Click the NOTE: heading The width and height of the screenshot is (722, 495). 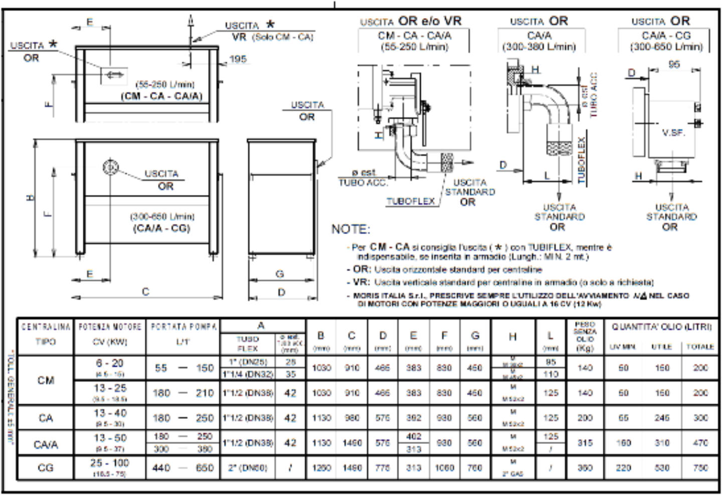click(x=350, y=229)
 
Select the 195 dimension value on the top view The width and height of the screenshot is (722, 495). click(x=238, y=59)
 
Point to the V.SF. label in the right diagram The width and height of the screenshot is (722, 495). click(x=673, y=133)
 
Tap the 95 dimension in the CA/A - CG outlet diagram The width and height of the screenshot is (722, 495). click(x=674, y=64)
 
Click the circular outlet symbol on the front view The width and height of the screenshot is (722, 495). click(x=110, y=167)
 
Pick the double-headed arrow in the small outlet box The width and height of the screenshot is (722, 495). click(x=114, y=75)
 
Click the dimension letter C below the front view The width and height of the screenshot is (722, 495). click(x=145, y=292)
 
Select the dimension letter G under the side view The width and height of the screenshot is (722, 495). click(x=280, y=274)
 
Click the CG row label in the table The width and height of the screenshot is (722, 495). click(x=46, y=468)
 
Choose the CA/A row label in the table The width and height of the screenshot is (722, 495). click(x=46, y=444)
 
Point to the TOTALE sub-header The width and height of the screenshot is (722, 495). click(x=700, y=347)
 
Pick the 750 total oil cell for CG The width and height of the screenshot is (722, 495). click(x=700, y=468)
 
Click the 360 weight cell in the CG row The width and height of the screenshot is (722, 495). click(x=585, y=468)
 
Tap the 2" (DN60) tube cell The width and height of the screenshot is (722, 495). click(x=248, y=468)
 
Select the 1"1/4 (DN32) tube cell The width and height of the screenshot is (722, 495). click(x=248, y=374)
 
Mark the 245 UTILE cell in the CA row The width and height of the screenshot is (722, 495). click(x=662, y=418)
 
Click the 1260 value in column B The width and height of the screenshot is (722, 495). click(x=321, y=468)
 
